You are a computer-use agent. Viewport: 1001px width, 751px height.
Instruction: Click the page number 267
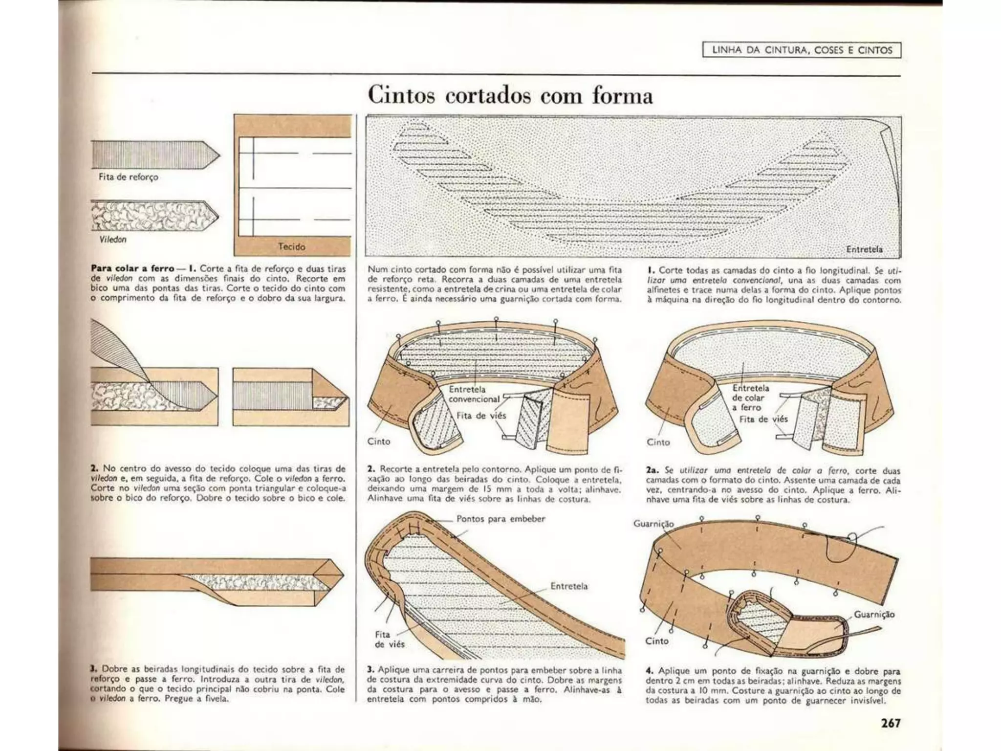point(891,723)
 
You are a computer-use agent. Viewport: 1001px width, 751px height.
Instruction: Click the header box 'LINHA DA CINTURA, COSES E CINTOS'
point(802,50)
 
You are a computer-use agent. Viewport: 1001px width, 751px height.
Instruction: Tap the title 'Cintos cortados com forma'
point(510,95)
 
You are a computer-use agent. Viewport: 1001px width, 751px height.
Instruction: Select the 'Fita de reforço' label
point(129,177)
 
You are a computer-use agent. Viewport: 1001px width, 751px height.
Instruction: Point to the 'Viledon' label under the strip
point(113,240)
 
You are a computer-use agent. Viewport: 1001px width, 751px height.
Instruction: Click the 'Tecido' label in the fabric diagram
point(292,247)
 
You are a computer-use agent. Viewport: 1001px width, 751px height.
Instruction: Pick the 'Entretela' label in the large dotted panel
point(864,249)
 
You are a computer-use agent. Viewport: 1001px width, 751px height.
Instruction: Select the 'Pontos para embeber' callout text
point(500,519)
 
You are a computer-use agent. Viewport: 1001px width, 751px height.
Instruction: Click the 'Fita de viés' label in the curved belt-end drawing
point(389,640)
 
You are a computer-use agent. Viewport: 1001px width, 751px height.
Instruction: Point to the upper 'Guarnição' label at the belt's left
point(653,524)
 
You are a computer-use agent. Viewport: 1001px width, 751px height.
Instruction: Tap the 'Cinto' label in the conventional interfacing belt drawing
point(379,442)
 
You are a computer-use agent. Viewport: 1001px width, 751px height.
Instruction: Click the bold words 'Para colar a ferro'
point(132,268)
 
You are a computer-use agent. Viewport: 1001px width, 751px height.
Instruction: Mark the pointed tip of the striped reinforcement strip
point(218,155)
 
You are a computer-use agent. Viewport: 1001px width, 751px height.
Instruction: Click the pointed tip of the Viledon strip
point(218,216)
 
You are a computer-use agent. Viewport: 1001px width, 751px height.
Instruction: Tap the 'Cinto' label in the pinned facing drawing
point(656,641)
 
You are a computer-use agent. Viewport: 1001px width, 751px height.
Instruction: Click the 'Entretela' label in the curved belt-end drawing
point(569,586)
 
